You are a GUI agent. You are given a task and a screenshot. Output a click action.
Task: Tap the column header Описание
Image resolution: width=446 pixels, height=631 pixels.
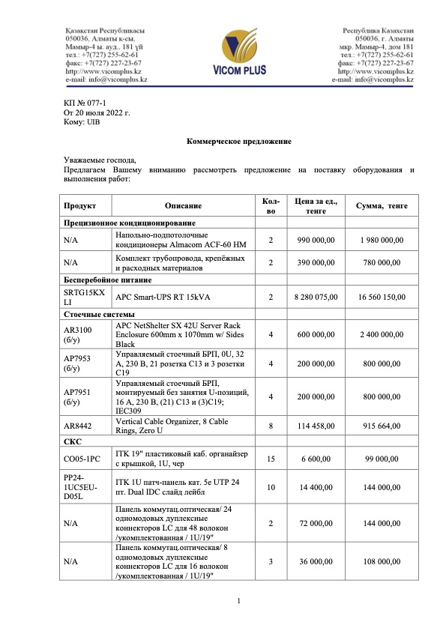[x=184, y=205]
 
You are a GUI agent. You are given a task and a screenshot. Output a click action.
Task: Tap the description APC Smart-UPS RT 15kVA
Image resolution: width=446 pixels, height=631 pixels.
[x=162, y=297]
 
